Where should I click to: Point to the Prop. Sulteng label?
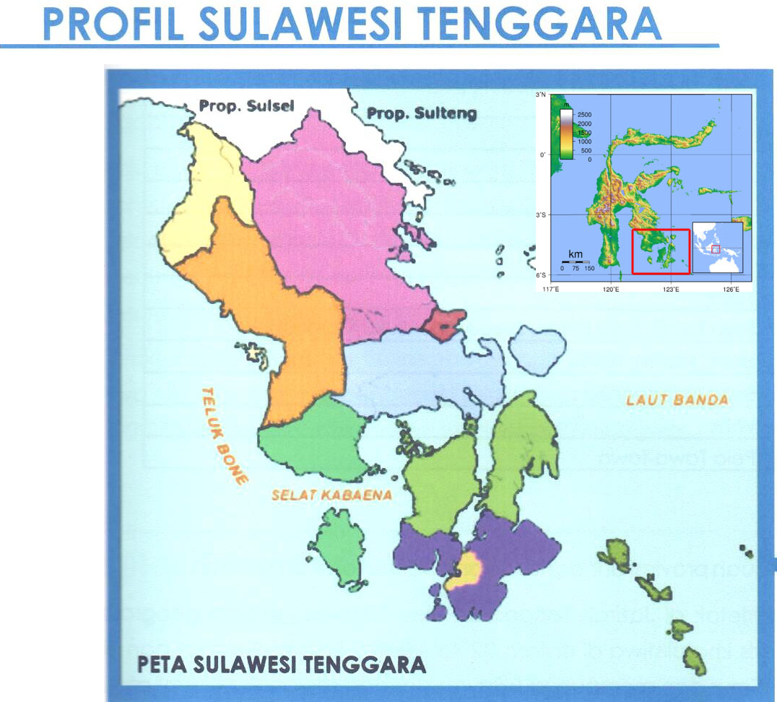click(422, 113)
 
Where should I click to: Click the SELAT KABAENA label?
click(331, 495)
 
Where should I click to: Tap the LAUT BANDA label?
click(677, 399)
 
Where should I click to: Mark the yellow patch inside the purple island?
click(466, 571)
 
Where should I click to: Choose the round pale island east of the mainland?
click(537, 347)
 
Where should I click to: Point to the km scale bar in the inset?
click(576, 262)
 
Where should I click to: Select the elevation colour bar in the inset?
click(567, 134)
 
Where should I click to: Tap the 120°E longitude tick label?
click(611, 290)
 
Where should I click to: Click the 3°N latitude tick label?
click(542, 95)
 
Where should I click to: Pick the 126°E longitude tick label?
click(731, 290)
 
